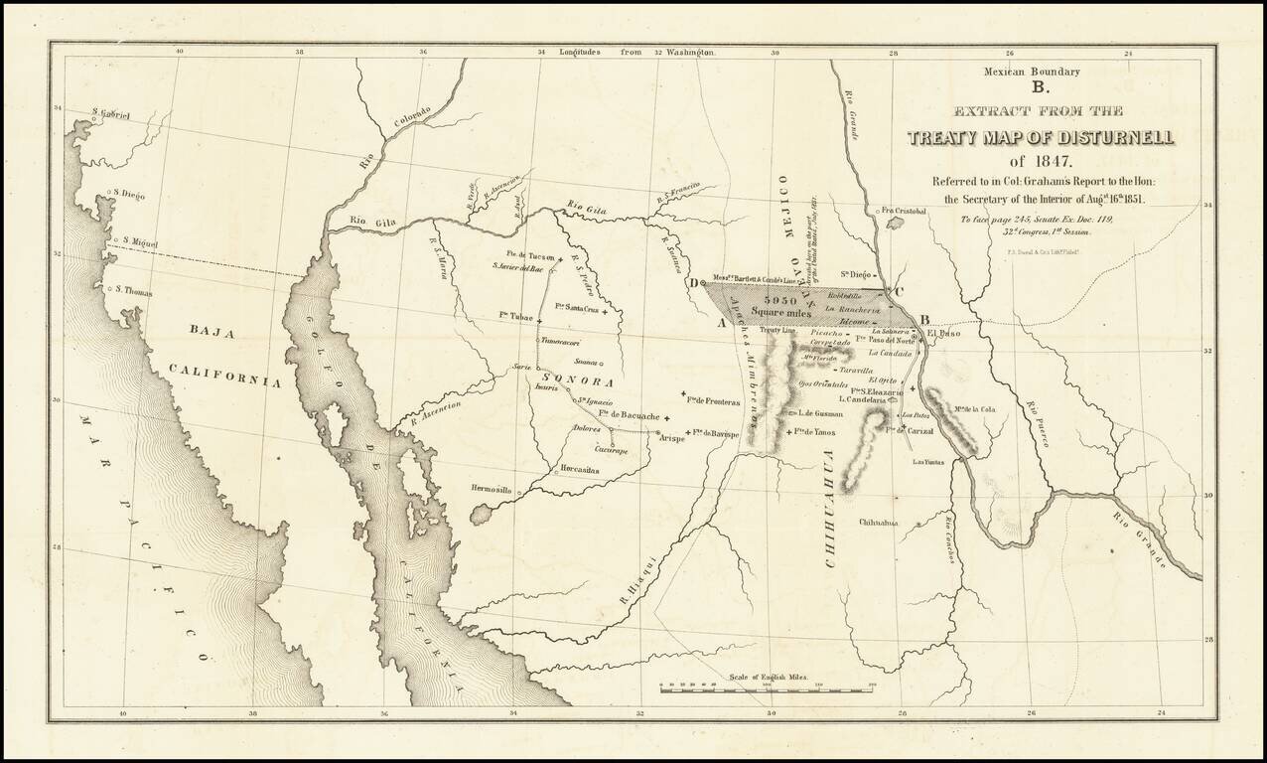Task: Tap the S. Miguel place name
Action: coord(139,241)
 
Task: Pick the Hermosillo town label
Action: coord(491,490)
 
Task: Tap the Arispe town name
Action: coord(672,438)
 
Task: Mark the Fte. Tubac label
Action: coord(517,315)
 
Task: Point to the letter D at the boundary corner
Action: coord(692,283)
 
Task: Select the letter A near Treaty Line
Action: coord(721,323)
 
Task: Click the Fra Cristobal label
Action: coord(903,211)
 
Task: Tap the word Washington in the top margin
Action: coord(691,52)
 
